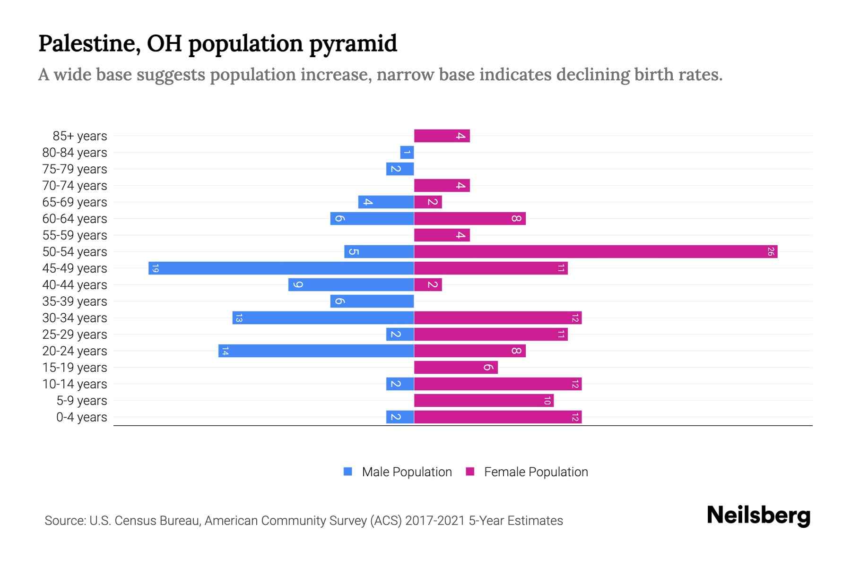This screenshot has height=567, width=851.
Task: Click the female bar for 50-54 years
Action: click(x=596, y=252)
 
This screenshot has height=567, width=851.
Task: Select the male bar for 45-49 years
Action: click(x=281, y=268)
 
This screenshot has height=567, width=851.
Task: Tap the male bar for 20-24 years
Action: click(x=316, y=351)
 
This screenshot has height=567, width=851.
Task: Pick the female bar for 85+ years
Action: click(x=442, y=136)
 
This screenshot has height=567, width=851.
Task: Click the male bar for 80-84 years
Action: click(x=407, y=153)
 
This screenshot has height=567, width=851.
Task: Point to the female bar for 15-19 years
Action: click(x=456, y=368)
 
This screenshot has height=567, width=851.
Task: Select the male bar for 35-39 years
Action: click(x=372, y=301)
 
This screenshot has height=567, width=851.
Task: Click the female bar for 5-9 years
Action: click(x=484, y=401)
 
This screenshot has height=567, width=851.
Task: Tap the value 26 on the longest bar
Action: click(x=771, y=252)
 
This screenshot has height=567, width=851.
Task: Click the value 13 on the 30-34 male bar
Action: click(x=239, y=318)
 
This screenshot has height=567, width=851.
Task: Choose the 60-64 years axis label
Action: click(x=75, y=219)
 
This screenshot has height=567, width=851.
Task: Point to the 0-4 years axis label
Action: click(x=81, y=417)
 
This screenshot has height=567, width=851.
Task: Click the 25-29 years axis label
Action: click(x=75, y=335)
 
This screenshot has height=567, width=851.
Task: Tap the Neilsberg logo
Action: click(x=758, y=515)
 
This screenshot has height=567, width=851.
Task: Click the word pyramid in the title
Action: click(x=353, y=44)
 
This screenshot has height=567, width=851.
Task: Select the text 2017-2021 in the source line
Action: click(x=435, y=521)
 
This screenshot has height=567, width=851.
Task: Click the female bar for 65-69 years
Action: click(x=428, y=202)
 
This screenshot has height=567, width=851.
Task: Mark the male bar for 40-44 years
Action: click(x=351, y=285)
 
